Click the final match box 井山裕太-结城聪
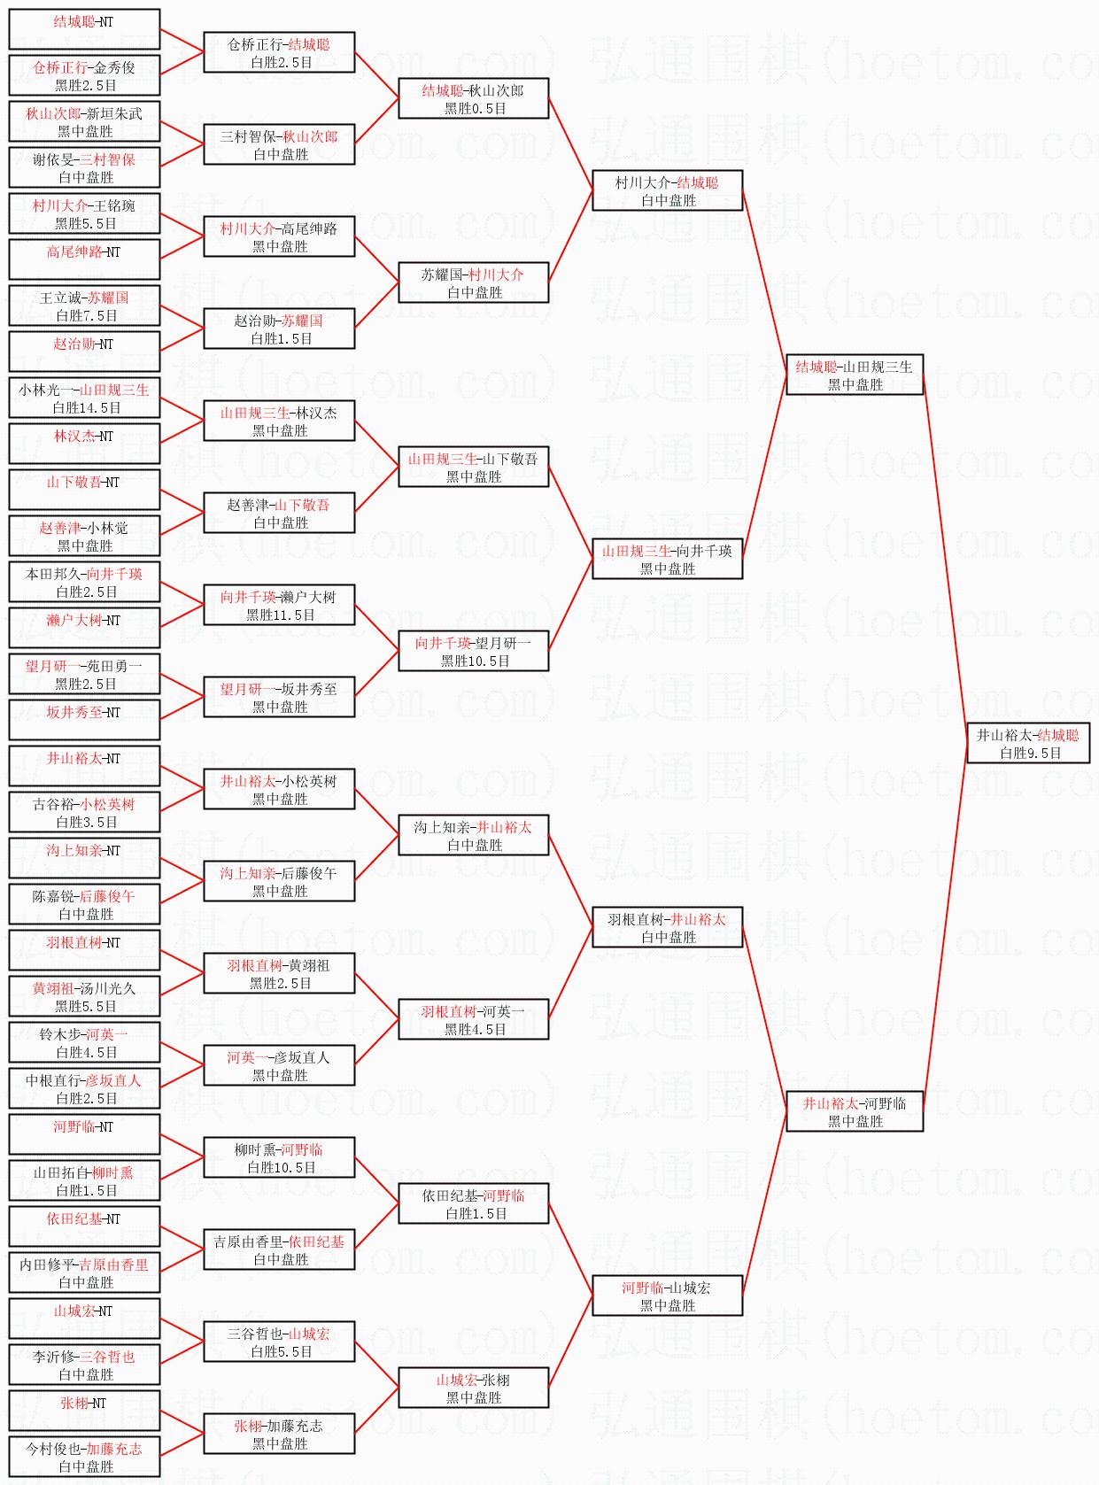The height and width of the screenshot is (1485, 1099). (x=1027, y=743)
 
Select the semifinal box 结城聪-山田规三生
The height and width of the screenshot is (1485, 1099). (x=855, y=375)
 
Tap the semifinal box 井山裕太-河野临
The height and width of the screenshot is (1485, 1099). (x=855, y=1111)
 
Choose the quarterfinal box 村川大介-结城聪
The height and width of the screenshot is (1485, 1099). (x=667, y=190)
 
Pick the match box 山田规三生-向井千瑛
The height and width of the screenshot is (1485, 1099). (x=667, y=559)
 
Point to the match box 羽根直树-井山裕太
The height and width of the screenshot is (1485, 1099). (x=667, y=927)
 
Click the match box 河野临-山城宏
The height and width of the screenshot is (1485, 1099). (x=667, y=1296)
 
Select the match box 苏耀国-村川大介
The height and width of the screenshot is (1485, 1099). (x=473, y=282)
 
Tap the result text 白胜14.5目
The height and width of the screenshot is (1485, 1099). (x=86, y=408)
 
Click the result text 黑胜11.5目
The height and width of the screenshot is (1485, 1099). (x=280, y=615)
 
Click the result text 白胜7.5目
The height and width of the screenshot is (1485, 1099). (x=86, y=316)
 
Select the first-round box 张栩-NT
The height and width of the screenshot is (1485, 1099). (x=84, y=1411)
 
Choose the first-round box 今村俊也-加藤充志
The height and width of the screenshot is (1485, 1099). (x=84, y=1457)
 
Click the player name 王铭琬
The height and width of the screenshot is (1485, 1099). (x=115, y=206)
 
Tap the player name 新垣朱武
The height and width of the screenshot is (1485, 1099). (x=114, y=114)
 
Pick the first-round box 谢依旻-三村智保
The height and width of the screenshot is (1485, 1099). (x=84, y=167)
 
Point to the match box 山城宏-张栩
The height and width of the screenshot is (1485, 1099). (x=473, y=1388)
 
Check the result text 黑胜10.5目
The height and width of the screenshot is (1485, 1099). (x=475, y=661)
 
